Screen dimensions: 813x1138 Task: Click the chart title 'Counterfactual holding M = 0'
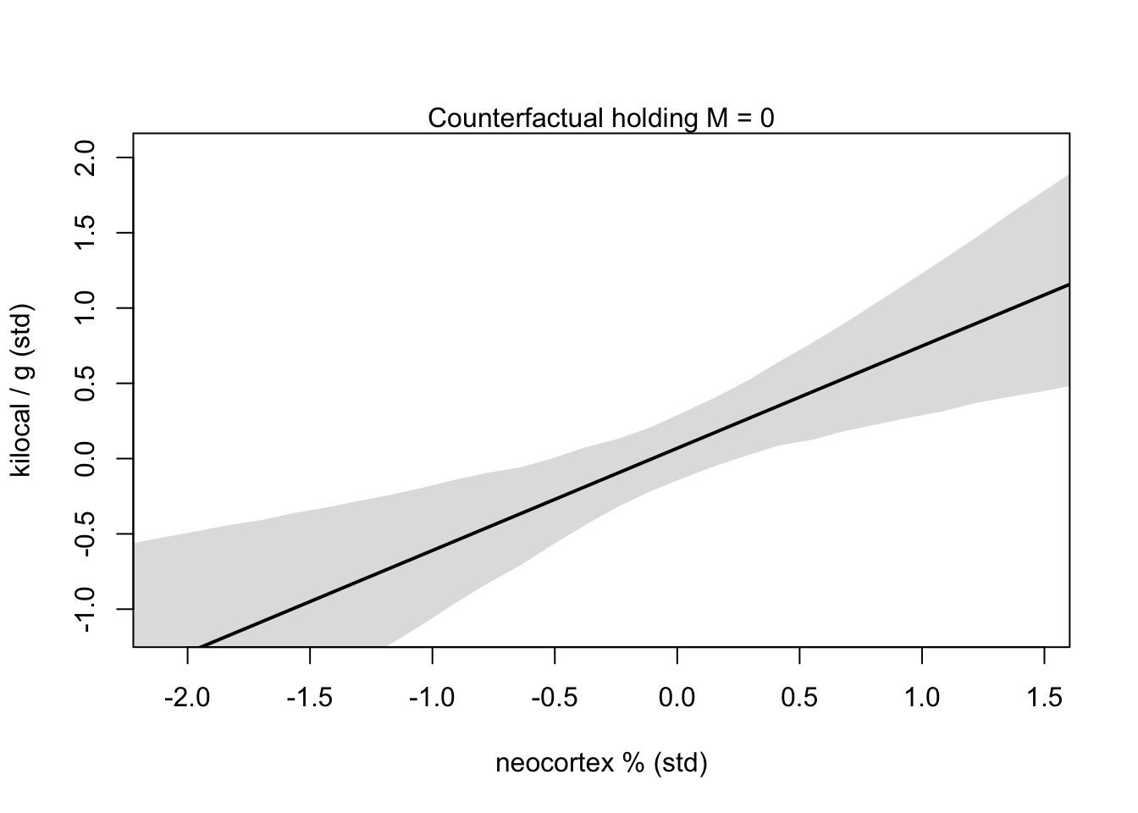click(x=600, y=119)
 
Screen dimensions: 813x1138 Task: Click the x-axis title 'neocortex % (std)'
click(x=600, y=763)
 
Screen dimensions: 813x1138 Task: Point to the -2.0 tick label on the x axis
click(x=187, y=698)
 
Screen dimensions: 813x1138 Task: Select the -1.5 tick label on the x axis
click(x=310, y=698)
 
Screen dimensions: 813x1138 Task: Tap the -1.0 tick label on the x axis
click(x=432, y=698)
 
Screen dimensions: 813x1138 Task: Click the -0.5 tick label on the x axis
click(x=555, y=698)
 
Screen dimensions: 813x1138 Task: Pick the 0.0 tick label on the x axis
click(x=677, y=698)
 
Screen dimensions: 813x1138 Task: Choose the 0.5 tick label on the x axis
click(x=799, y=698)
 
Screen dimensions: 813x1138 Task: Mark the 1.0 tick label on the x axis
click(x=922, y=698)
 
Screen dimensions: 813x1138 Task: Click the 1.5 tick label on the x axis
click(x=1044, y=698)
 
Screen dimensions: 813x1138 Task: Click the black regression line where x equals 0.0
click(x=677, y=448)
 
